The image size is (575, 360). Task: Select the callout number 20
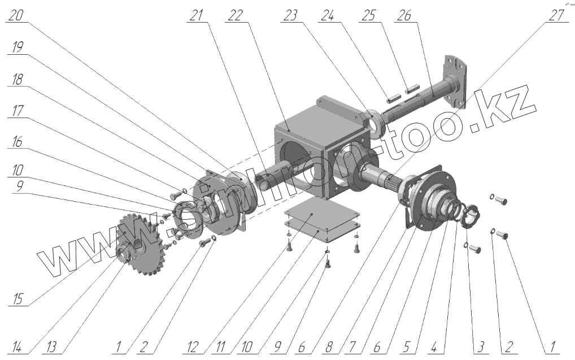(x=16, y=16)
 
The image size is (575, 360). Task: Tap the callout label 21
(x=197, y=16)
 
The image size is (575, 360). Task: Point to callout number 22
(x=233, y=16)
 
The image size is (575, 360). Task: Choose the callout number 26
(x=404, y=16)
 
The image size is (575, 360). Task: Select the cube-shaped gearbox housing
(x=299, y=147)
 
